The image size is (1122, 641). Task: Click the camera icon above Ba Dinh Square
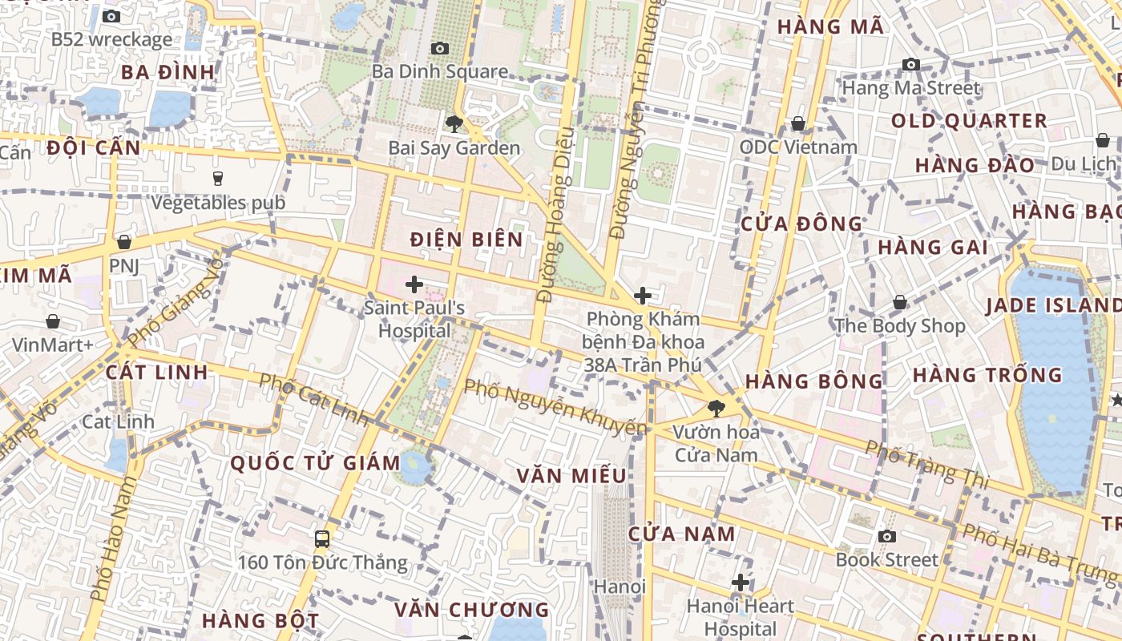tap(439, 49)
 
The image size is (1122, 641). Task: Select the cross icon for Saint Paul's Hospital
tap(414, 284)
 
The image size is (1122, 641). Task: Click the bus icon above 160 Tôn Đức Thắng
tap(322, 538)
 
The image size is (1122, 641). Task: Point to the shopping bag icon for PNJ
tap(124, 242)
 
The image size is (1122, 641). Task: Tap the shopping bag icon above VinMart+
tap(53, 321)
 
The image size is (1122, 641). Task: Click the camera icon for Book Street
tap(886, 536)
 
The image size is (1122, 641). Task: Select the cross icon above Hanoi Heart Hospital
tap(741, 582)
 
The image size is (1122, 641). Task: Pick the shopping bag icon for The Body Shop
tap(900, 302)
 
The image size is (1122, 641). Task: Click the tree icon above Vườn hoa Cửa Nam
tap(716, 408)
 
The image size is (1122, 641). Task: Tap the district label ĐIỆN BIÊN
tap(466, 240)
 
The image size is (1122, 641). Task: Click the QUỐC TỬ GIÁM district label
tap(316, 463)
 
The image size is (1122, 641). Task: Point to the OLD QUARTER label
tap(969, 121)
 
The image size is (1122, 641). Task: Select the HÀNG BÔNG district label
tap(813, 381)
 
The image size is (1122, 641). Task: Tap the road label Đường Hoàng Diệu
tap(555, 214)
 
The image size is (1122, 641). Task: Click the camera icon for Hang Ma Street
tap(910, 64)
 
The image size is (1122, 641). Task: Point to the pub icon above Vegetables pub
tap(217, 178)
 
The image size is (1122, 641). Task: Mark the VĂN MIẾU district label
tap(571, 476)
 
